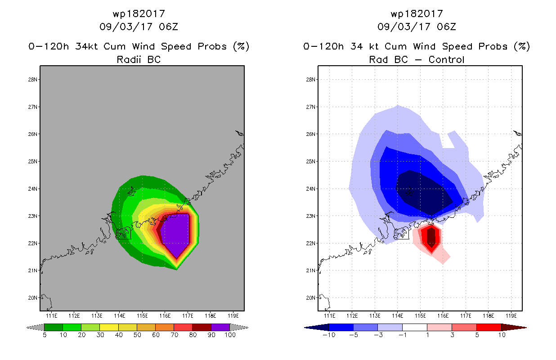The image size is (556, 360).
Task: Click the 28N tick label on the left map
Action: (x=32, y=80)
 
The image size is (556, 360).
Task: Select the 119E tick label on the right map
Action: (x=511, y=316)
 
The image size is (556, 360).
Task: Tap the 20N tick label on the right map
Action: (x=310, y=298)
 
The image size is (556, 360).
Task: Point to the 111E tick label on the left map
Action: (x=52, y=316)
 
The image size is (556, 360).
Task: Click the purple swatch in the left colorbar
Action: (x=220, y=327)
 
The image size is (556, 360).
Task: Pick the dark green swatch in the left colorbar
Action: (x=54, y=327)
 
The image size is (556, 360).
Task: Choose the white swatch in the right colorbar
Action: (x=414, y=327)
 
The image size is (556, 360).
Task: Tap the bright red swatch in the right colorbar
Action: (x=489, y=327)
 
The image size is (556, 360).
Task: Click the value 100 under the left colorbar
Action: (x=230, y=335)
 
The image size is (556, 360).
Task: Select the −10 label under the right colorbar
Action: (x=329, y=335)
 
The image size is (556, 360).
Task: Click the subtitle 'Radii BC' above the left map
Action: (x=139, y=59)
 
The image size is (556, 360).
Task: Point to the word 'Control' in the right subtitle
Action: (x=446, y=59)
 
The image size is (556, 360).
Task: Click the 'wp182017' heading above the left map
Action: (x=139, y=13)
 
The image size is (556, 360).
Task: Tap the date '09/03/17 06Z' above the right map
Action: (x=417, y=27)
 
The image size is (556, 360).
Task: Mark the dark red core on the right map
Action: (x=431, y=237)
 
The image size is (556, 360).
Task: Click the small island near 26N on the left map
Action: (x=239, y=133)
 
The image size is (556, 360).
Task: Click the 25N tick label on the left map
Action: (x=32, y=162)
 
